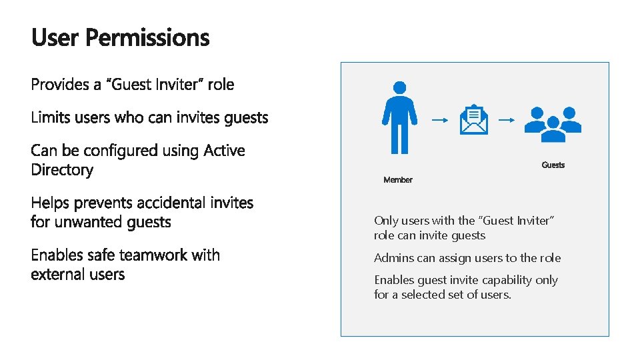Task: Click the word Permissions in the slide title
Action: click(x=147, y=38)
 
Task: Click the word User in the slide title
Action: click(x=55, y=38)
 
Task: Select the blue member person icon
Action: click(x=399, y=117)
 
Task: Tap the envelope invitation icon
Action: click(x=474, y=120)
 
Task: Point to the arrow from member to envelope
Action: click(x=439, y=121)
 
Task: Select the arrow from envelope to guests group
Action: click(x=507, y=121)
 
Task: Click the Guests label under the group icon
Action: click(x=553, y=165)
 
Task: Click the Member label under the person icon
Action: click(x=398, y=180)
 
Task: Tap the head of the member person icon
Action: click(x=399, y=88)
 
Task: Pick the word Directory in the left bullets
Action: click(x=62, y=170)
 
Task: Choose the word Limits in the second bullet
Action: click(x=50, y=118)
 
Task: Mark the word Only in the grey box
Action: click(x=385, y=220)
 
